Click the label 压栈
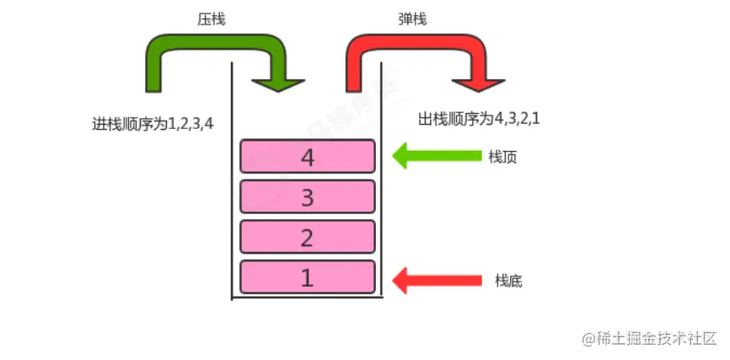(x=212, y=17)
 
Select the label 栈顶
(x=502, y=157)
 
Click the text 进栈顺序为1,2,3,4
(x=153, y=123)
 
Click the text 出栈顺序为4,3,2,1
(x=479, y=119)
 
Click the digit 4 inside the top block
(x=308, y=156)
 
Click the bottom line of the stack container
(x=307, y=298)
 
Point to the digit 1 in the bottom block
(x=308, y=277)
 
